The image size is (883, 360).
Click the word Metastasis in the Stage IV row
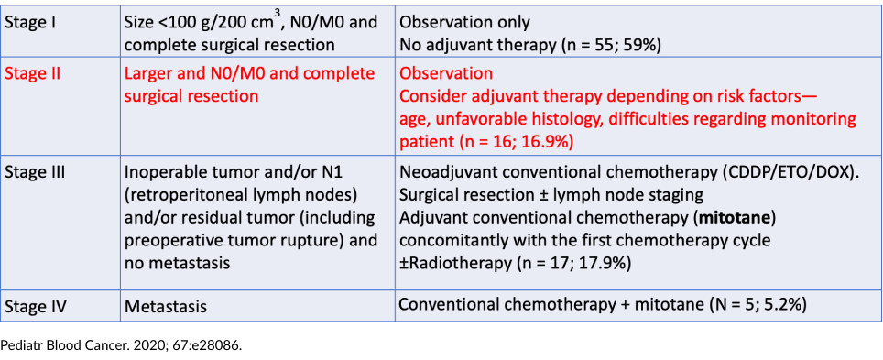point(166,307)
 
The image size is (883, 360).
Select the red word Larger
point(147,75)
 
